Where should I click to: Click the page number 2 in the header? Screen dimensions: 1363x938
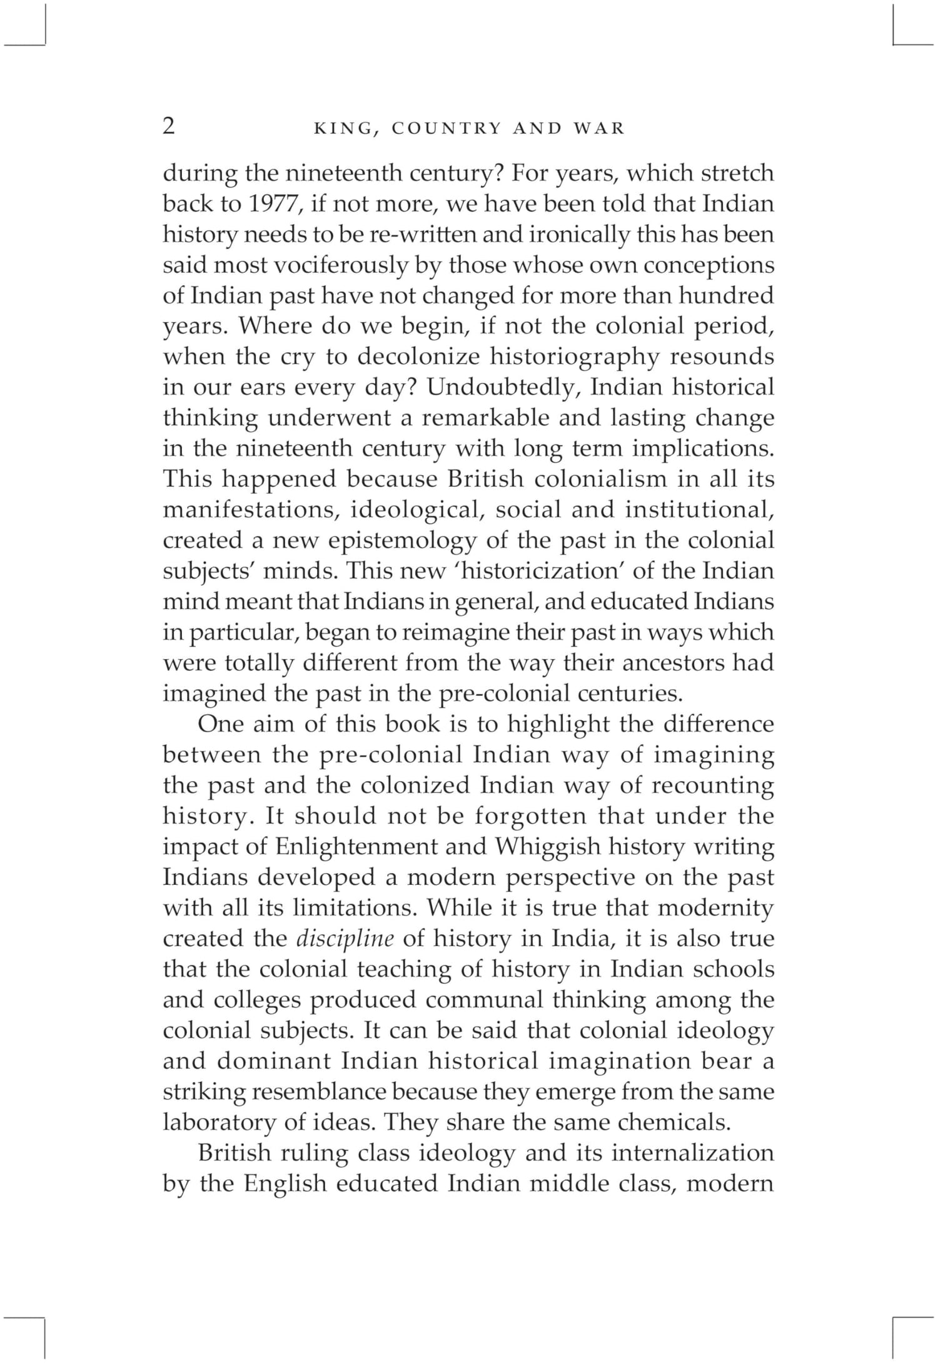click(169, 126)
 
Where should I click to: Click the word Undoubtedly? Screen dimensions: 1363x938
click(505, 387)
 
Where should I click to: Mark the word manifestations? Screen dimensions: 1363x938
click(251, 510)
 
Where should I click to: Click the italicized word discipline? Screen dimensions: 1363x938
click(345, 939)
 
